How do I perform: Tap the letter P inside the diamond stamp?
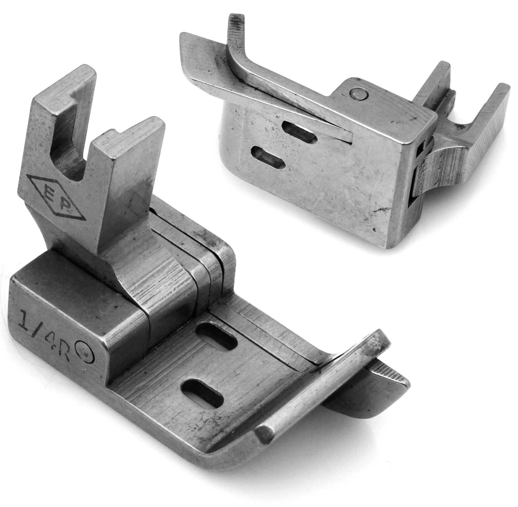(x=65, y=205)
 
